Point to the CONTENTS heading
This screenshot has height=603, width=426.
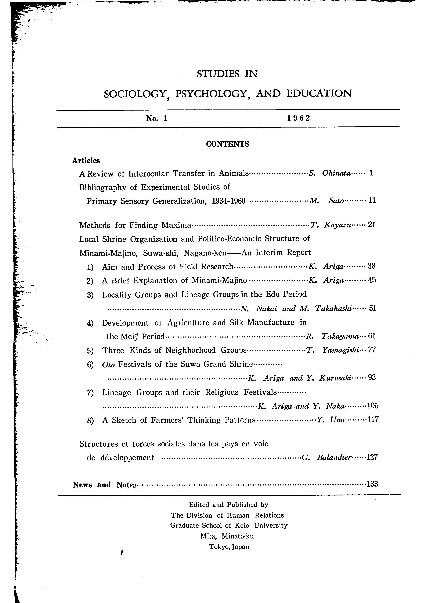227,144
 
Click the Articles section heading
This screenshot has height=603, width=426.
86,160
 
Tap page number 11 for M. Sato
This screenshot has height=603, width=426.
372,201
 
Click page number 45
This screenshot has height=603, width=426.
372,280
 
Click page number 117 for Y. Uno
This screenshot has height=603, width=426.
373,420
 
